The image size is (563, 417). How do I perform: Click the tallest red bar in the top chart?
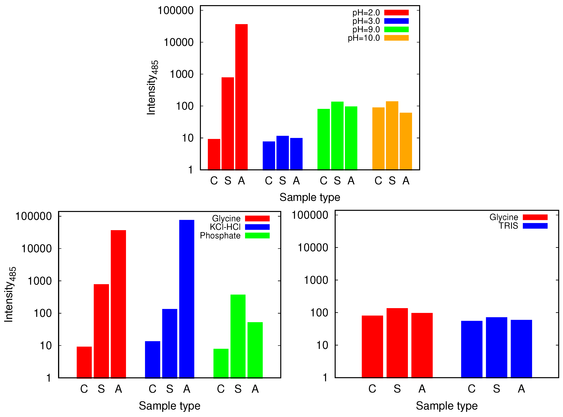tap(241, 97)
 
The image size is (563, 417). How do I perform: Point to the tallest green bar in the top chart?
tap(337, 135)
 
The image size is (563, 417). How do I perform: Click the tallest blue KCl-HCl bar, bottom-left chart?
tap(187, 299)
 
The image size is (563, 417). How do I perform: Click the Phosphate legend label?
tap(220, 235)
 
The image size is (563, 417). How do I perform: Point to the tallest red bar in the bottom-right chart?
tap(397, 343)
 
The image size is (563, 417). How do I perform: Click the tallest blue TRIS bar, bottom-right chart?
tap(496, 347)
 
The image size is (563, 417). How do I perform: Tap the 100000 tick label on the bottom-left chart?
tap(34, 216)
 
